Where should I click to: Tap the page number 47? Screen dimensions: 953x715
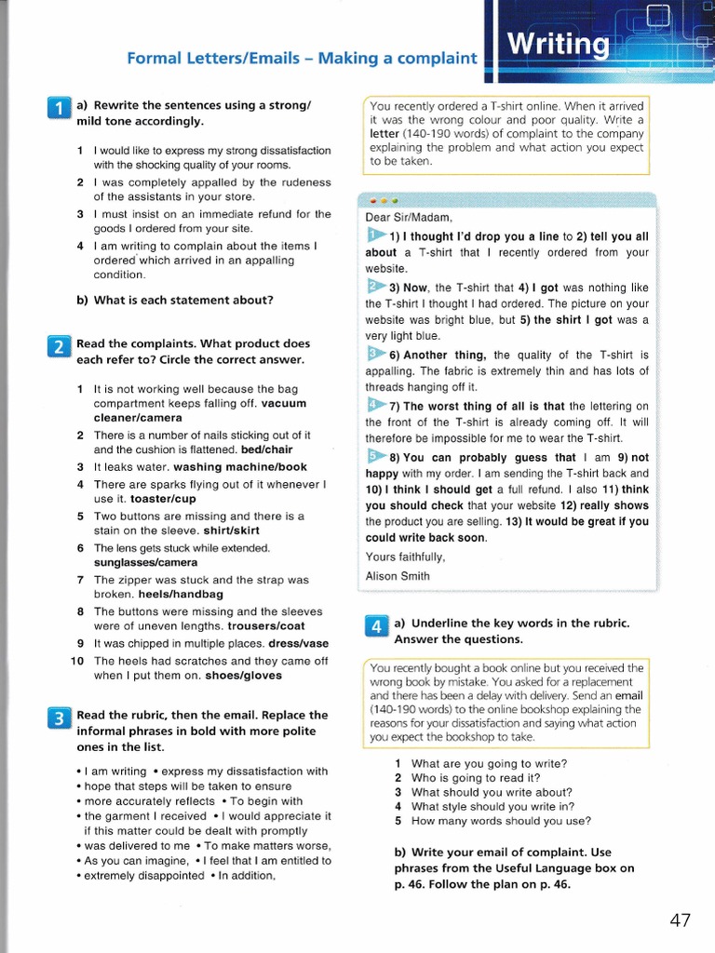680,920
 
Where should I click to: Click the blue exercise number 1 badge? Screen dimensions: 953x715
58,110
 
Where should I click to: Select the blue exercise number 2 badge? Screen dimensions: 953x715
58,348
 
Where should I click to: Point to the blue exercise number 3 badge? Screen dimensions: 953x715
58,718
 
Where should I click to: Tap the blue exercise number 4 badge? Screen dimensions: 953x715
376,627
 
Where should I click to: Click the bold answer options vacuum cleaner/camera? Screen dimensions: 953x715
199,410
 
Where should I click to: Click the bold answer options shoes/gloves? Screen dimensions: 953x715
242,676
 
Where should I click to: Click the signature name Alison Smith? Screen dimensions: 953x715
398,576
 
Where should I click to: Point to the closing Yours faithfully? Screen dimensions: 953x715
405,557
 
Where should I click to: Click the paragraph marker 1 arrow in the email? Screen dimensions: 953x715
375,235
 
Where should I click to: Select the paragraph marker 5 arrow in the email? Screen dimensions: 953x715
375,456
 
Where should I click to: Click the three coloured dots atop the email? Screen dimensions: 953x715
384,200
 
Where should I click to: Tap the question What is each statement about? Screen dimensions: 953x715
174,300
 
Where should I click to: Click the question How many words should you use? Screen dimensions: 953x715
501,821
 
